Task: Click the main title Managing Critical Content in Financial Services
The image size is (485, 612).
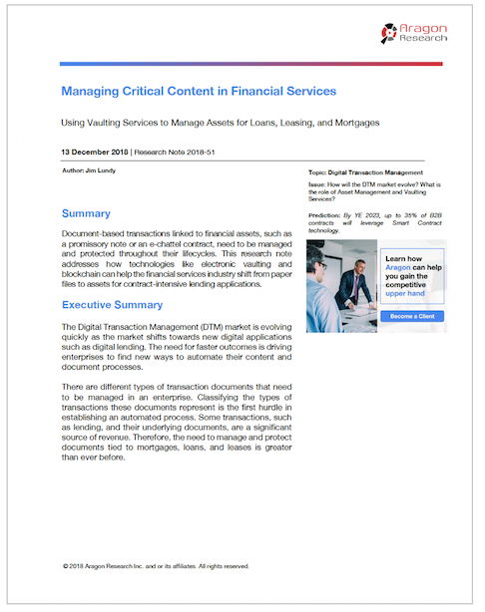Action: click(199, 92)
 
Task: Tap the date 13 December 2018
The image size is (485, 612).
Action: click(95, 153)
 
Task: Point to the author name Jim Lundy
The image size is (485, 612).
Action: click(106, 172)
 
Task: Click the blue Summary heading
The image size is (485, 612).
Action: click(86, 213)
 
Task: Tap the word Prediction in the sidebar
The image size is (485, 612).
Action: click(324, 213)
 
